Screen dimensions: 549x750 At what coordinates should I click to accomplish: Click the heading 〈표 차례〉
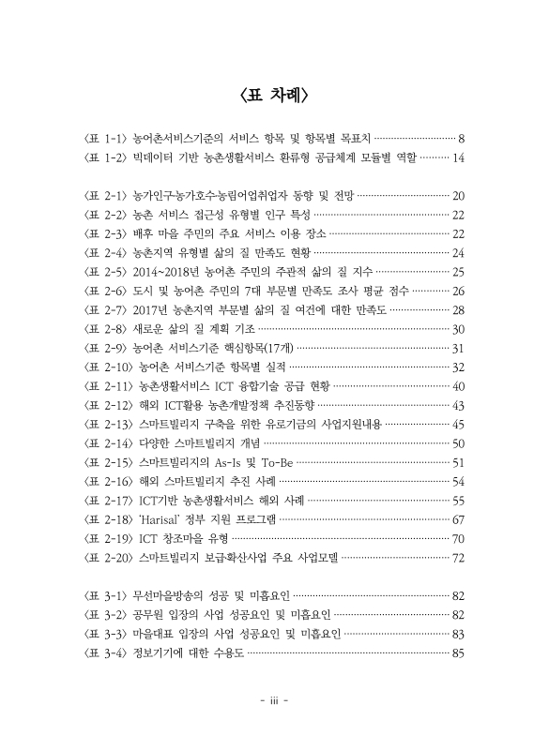[274, 96]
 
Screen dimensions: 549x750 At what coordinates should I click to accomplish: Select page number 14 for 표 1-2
[459, 158]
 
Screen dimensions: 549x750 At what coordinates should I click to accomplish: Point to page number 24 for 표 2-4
[459, 253]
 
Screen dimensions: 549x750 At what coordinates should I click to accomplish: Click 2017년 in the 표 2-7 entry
[154, 309]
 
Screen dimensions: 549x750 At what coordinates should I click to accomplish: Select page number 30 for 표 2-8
[459, 329]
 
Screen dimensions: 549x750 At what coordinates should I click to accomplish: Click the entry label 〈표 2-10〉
[109, 367]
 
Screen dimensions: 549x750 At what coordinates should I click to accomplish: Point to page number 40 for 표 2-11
[459, 386]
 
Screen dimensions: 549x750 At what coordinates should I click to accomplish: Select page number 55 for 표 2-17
[459, 500]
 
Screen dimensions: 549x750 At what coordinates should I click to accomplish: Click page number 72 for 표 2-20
[459, 557]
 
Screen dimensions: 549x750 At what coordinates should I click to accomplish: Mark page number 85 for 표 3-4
[459, 652]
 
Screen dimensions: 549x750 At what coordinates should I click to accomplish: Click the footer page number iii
[274, 700]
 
